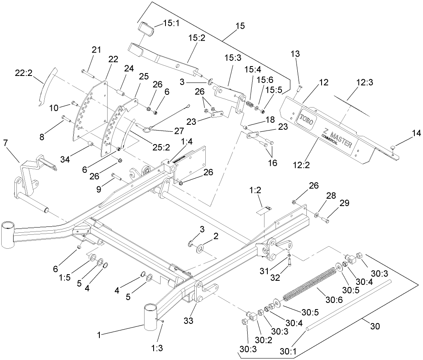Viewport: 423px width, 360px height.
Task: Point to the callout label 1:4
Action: pyautogui.click(x=187, y=142)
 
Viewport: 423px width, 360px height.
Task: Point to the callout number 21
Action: pyautogui.click(x=96, y=50)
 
